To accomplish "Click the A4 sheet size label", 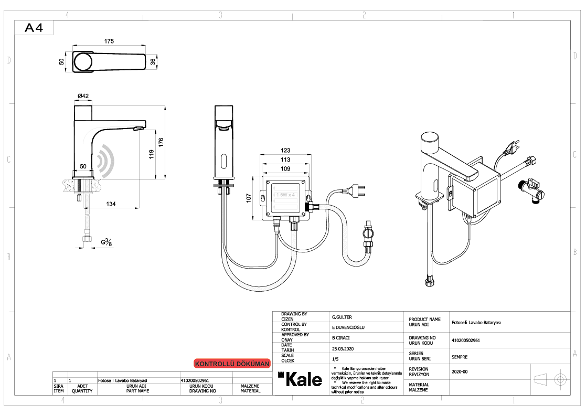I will pos(34,28).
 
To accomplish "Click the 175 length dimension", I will pos(109,41).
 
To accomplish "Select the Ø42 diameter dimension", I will pos(83,95).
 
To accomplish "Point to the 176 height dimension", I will pos(162,142).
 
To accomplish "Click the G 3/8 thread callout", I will pos(106,242).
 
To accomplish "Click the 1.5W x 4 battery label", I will pos(285,195).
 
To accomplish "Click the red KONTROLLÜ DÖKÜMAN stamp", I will pos(232,364).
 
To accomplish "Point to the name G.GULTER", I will pos(342,317).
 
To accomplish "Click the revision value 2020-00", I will pos(460,371).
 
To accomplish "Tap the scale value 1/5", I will pos(335,359).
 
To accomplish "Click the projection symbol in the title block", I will pos(550,379).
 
